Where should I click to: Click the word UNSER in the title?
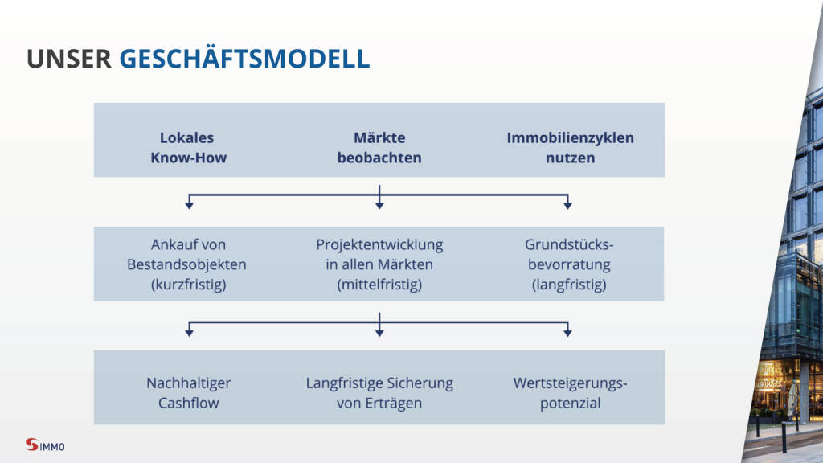[x=69, y=59]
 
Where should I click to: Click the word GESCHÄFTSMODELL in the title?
[x=244, y=58]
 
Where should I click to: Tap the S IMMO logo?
[x=45, y=445]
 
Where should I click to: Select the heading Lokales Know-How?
[x=188, y=148]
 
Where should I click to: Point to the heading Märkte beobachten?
[x=379, y=148]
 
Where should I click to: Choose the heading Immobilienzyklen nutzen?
[x=570, y=148]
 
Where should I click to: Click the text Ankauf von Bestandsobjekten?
[x=186, y=254]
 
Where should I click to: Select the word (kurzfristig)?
[x=188, y=285]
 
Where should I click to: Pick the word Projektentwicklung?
[x=379, y=244]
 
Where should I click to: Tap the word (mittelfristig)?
[x=379, y=285]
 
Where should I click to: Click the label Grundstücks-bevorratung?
[x=570, y=254]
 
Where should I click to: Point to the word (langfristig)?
[x=570, y=285]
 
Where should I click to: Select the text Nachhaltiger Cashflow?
[x=188, y=392]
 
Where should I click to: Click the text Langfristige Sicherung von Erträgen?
[x=379, y=392]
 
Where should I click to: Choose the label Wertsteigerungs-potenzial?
[x=570, y=392]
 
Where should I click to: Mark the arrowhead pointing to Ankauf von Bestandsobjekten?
[x=190, y=206]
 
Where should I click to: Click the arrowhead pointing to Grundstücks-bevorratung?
[x=567, y=206]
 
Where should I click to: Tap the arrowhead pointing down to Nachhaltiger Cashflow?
[x=190, y=333]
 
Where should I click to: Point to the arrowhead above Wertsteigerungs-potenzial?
[x=567, y=333]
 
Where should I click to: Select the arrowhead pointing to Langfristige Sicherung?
[x=379, y=333]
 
